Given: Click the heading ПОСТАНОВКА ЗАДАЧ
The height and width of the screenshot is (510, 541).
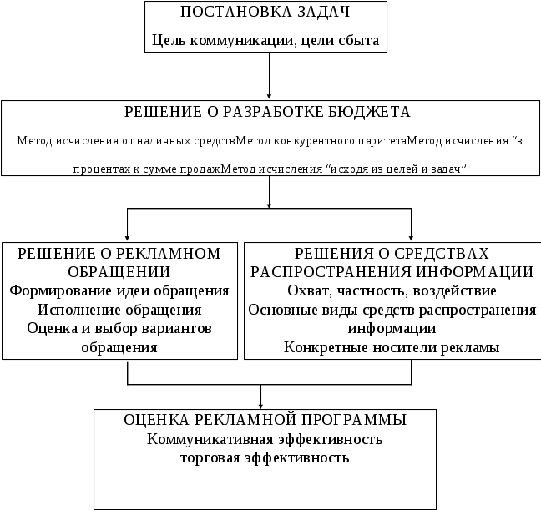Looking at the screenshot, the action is (265, 13).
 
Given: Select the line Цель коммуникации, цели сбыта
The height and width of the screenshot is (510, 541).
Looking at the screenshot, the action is (265, 39).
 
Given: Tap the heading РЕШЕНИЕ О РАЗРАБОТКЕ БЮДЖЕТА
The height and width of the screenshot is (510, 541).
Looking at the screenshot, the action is (268, 111).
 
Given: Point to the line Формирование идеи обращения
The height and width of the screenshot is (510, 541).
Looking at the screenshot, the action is (121, 291).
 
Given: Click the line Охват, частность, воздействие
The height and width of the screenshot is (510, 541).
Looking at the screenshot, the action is (392, 291).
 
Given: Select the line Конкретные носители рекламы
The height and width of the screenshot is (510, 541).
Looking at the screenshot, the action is (392, 347).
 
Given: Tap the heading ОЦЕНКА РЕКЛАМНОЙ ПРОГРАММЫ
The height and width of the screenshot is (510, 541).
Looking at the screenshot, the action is (265, 419).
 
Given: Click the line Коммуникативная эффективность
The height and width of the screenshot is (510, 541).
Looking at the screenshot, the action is (265, 439).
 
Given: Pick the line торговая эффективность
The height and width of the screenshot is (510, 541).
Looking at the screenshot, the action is (265, 457).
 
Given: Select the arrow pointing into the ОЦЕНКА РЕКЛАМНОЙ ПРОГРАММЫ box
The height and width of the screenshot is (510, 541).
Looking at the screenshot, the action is (264, 399).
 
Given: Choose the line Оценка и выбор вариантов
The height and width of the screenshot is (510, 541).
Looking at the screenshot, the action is (120, 329).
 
